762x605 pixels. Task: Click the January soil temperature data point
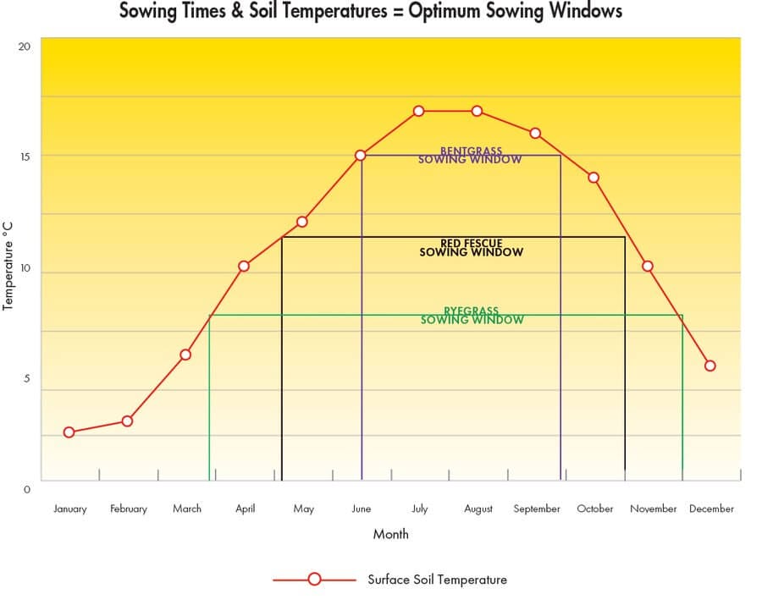[x=69, y=432]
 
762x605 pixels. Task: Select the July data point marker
[x=418, y=111]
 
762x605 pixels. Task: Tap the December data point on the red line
[x=710, y=366]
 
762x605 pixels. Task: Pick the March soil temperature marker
[x=185, y=355]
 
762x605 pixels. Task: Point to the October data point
[x=594, y=178]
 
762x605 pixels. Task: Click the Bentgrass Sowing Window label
[x=470, y=156]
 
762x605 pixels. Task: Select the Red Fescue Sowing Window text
[x=471, y=248]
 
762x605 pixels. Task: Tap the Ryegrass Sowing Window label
[x=472, y=316]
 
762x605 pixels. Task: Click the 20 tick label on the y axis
[x=24, y=46]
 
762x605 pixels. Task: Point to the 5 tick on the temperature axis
[x=26, y=379]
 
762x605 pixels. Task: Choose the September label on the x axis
[x=537, y=509]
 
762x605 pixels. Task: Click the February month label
[x=129, y=509]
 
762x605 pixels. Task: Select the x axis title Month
[x=390, y=534]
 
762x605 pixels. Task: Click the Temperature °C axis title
[x=8, y=265]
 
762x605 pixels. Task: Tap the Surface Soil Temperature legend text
[x=437, y=580]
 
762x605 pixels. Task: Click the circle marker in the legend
[x=314, y=580]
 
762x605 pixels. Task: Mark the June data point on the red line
[x=361, y=156]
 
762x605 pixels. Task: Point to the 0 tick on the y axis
[x=26, y=489]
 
